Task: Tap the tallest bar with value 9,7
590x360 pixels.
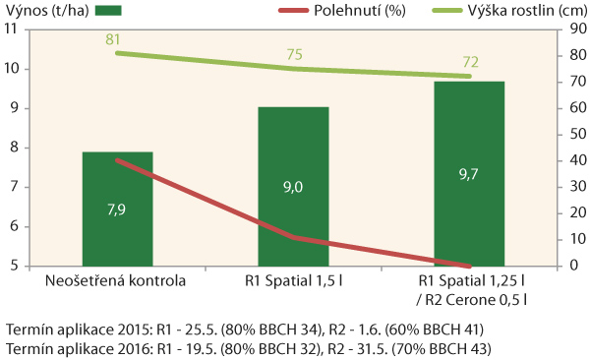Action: click(x=469, y=173)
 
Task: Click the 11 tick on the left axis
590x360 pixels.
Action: click(x=13, y=30)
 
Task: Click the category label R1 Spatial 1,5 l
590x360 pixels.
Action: click(x=293, y=281)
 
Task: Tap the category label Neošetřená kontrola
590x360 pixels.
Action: click(x=117, y=281)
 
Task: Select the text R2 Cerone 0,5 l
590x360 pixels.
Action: click(x=475, y=299)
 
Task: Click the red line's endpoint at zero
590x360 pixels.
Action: click(x=469, y=266)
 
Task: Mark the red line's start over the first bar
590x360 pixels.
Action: click(x=117, y=160)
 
